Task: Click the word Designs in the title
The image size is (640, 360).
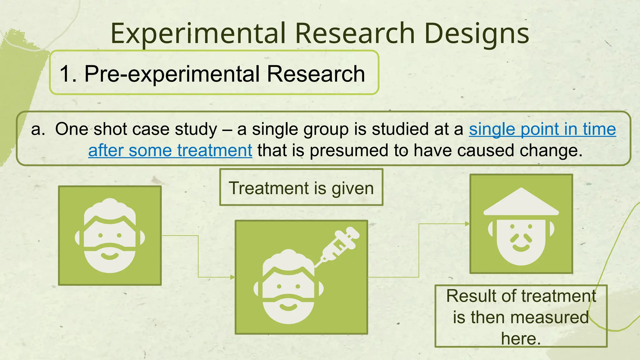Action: coord(477,34)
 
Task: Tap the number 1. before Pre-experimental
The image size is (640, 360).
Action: coord(68,74)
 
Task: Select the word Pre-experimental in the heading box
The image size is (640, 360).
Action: coord(172,74)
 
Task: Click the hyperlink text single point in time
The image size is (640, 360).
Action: coord(542,129)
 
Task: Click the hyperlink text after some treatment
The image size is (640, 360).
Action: coord(170,150)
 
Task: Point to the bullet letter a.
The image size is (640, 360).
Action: coord(38,129)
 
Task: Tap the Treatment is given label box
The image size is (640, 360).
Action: coord(301,188)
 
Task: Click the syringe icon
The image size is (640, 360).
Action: coord(337,245)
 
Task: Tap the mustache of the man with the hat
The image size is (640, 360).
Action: coord(521,239)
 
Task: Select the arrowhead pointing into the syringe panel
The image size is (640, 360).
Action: coord(232,277)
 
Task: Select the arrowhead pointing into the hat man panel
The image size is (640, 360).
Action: coord(467,224)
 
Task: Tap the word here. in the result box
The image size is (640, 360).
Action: coord(521,338)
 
